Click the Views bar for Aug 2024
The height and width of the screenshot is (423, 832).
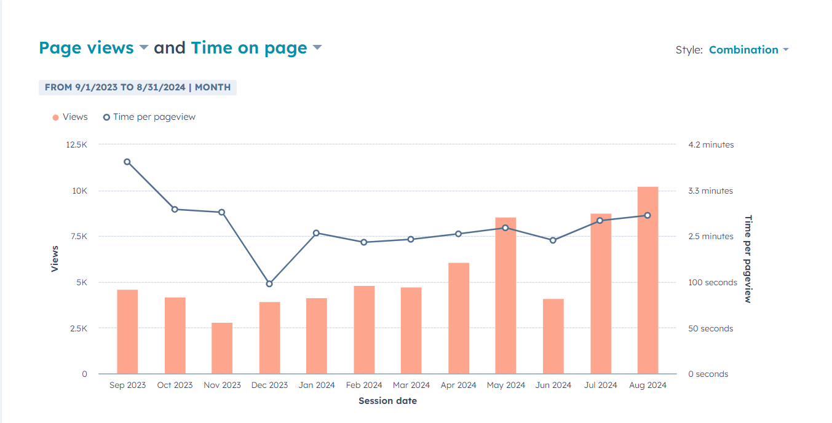(x=648, y=280)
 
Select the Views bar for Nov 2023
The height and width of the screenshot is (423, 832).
(x=222, y=348)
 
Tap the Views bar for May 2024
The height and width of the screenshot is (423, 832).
(x=505, y=296)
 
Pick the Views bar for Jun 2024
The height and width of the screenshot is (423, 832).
(x=553, y=336)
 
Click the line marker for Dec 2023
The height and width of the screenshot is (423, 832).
(x=269, y=284)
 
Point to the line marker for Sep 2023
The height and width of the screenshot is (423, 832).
(x=127, y=162)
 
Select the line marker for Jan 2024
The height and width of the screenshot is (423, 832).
(x=316, y=233)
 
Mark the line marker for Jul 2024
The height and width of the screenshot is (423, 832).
(x=600, y=221)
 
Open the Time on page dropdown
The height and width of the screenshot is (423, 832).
(x=256, y=48)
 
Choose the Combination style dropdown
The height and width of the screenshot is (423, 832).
(x=748, y=50)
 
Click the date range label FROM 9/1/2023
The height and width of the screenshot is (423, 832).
(x=138, y=87)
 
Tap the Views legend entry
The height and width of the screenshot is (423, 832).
(x=70, y=117)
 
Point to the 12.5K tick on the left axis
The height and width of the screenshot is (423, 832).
(x=77, y=144)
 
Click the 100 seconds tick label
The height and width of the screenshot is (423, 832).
(x=712, y=283)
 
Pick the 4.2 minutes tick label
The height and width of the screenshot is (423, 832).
(x=711, y=144)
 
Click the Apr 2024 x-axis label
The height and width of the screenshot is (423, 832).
(x=458, y=385)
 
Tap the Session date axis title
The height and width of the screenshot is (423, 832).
(x=387, y=401)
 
